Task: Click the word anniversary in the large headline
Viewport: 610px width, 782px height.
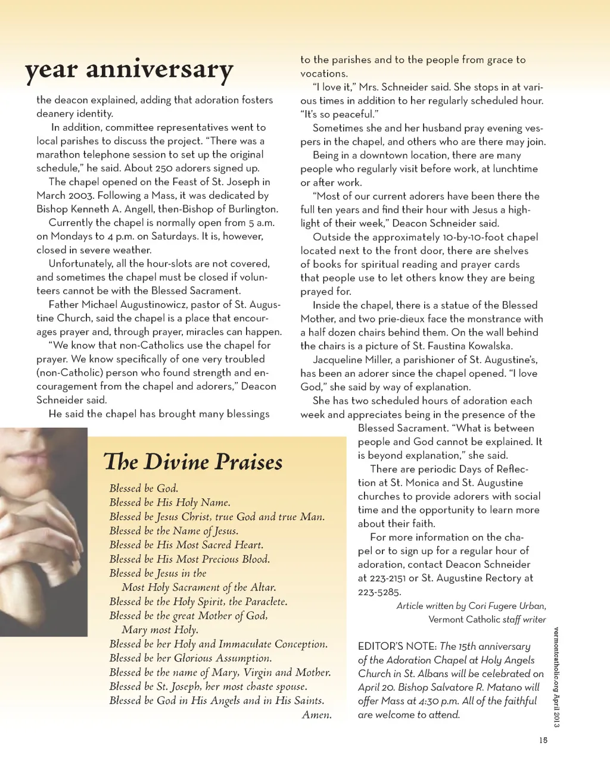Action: [x=160, y=70]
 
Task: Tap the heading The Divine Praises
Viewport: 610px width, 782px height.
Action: [x=193, y=462]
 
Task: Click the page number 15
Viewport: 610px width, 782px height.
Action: [x=543, y=740]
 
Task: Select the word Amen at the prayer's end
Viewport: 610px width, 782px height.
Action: [x=317, y=715]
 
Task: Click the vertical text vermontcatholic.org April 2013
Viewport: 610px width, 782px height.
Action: [x=556, y=677]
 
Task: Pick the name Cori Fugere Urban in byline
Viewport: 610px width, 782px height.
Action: [x=506, y=606]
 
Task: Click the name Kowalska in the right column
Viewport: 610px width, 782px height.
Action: [x=485, y=346]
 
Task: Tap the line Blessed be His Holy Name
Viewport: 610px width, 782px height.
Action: [x=170, y=502]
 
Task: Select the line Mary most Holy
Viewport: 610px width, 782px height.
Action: [x=160, y=630]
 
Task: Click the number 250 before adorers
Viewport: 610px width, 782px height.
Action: [x=161, y=168]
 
